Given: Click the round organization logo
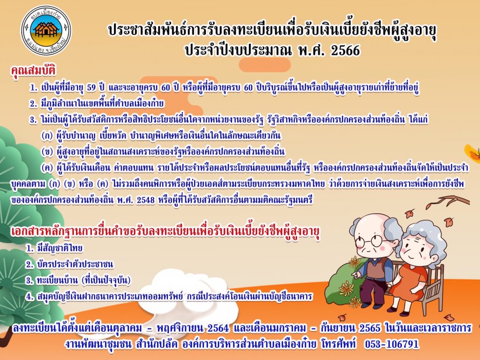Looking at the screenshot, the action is point(46,30).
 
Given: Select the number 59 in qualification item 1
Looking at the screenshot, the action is point(91,88).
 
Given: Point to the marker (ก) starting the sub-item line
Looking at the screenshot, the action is point(47,135).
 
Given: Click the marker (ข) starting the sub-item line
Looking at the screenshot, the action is point(47,152).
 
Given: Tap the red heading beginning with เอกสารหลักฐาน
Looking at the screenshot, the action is point(165,232).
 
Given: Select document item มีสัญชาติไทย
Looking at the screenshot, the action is point(60,248).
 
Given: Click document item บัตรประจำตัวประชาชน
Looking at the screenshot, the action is point(75,264).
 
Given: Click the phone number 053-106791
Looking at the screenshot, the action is point(391,344).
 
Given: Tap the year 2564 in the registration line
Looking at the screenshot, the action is point(218,329).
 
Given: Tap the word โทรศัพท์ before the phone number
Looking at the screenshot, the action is point(339,344).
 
